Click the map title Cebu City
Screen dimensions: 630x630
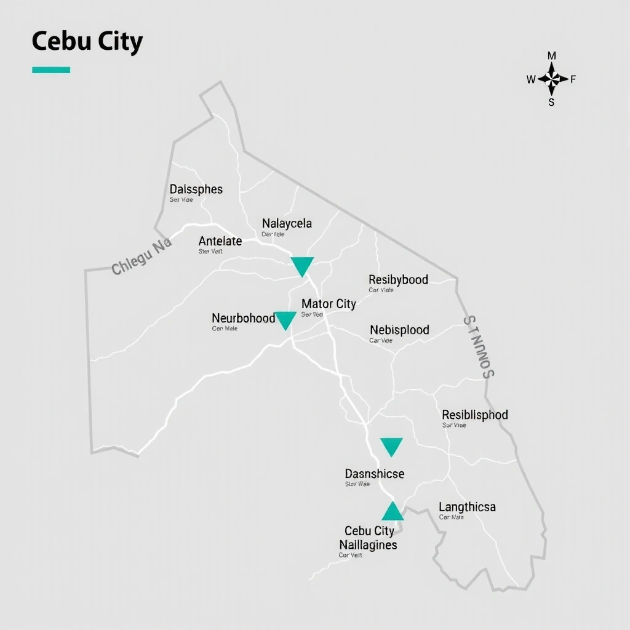pyautogui.click(x=87, y=42)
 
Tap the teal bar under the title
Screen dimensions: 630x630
pyautogui.click(x=51, y=70)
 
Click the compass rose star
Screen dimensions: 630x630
pyautogui.click(x=552, y=79)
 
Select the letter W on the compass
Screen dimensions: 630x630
pyautogui.click(x=531, y=79)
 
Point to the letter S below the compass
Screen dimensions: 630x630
pyautogui.click(x=551, y=103)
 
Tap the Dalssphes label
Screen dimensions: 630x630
pyautogui.click(x=196, y=189)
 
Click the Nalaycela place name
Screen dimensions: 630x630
pyautogui.click(x=287, y=223)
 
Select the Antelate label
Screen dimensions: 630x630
pyautogui.click(x=220, y=241)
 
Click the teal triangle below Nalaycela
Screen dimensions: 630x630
pyautogui.click(x=302, y=266)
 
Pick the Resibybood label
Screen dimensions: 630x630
pyautogui.click(x=398, y=280)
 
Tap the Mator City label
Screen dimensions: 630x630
pyautogui.click(x=329, y=304)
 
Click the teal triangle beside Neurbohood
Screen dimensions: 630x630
pyautogui.click(x=285, y=320)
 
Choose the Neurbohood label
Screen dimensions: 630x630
pyautogui.click(x=244, y=318)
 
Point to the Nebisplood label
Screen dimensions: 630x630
pyautogui.click(x=399, y=330)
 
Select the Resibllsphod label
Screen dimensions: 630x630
pyautogui.click(x=475, y=415)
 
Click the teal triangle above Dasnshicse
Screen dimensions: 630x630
pyautogui.click(x=391, y=446)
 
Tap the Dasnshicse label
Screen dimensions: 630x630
pyautogui.click(x=374, y=474)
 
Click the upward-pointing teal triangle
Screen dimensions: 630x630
pyautogui.click(x=393, y=512)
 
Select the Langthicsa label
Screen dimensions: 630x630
pyautogui.click(x=467, y=508)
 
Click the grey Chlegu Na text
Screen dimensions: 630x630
pyautogui.click(x=142, y=257)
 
